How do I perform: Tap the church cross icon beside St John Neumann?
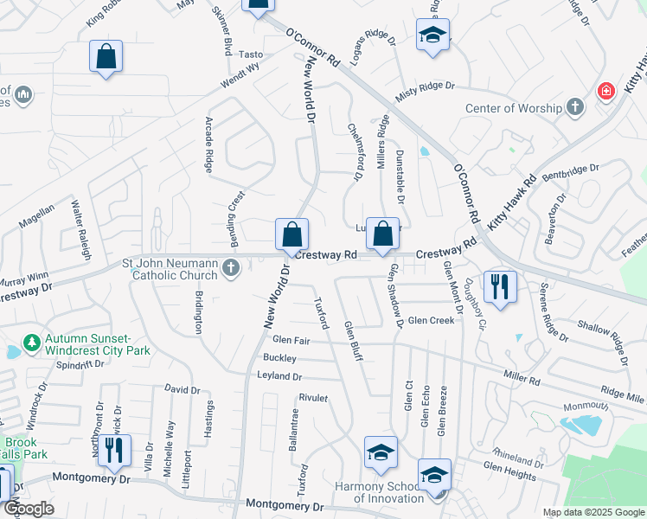(230, 268)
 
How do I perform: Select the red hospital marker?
(606, 91)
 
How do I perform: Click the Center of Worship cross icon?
(575, 108)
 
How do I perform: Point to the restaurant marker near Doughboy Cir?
(500, 286)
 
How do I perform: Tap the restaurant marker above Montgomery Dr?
(113, 450)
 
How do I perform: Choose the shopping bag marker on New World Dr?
(292, 234)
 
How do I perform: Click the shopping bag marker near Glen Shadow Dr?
(382, 233)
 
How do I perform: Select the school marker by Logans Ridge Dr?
(432, 35)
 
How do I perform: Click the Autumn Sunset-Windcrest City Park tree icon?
(32, 343)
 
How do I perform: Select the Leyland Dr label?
(279, 376)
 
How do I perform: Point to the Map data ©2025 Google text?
(593, 512)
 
